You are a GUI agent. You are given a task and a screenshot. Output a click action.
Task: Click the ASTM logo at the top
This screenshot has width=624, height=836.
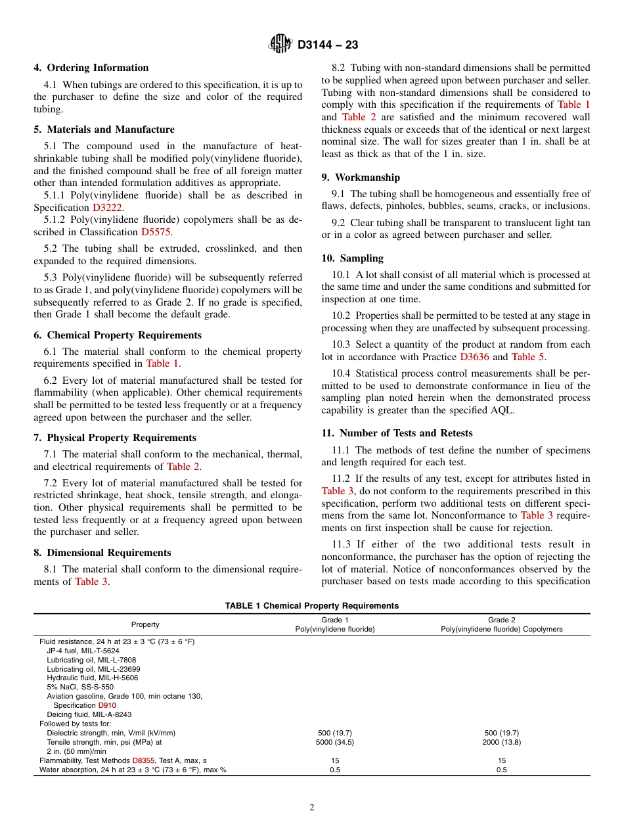(280, 45)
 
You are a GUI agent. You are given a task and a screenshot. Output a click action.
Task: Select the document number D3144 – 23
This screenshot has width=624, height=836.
(328, 45)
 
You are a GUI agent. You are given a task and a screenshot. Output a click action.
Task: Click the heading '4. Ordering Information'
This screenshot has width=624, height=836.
(91, 68)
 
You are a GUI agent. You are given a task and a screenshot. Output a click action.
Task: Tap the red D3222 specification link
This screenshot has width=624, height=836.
(107, 207)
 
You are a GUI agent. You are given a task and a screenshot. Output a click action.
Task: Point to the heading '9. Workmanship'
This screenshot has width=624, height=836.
(361, 177)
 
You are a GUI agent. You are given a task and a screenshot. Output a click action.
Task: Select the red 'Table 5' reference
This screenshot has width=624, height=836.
(527, 357)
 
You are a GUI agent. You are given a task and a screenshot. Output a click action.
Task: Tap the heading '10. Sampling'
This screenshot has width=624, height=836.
(352, 258)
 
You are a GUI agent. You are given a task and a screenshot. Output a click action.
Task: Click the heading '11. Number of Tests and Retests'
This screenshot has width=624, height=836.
(397, 433)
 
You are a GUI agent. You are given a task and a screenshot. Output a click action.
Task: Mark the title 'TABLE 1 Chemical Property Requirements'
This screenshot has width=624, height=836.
(311, 606)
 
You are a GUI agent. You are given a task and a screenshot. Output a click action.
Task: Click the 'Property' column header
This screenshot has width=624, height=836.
(145, 624)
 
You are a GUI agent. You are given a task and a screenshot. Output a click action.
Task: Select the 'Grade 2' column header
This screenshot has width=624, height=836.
(501, 620)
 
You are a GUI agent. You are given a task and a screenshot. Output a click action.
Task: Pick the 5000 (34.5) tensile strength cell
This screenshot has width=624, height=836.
(335, 742)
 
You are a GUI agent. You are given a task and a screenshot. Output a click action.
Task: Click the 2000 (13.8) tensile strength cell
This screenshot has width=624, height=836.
(501, 742)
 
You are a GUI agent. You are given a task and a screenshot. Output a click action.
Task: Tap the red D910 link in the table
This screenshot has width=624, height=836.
(107, 705)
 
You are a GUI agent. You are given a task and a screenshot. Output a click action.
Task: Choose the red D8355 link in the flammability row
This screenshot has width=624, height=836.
(144, 760)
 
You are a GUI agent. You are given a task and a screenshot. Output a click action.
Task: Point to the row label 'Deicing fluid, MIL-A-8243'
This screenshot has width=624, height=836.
(89, 714)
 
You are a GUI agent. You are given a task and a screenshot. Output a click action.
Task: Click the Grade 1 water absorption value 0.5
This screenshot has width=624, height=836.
(335, 770)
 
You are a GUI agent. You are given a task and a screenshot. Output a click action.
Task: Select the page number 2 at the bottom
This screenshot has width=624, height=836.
(312, 808)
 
